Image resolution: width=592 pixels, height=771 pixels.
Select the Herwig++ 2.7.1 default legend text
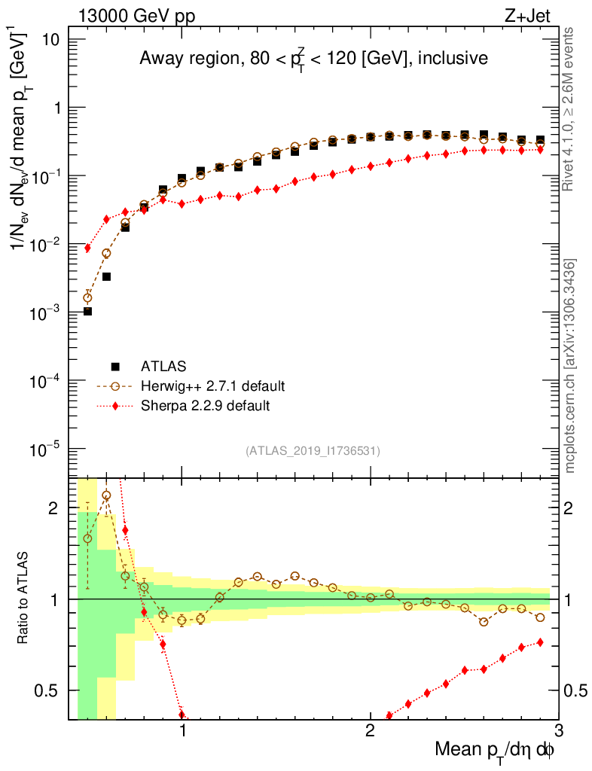(212, 386)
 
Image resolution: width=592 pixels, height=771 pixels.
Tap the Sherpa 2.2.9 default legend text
(205, 406)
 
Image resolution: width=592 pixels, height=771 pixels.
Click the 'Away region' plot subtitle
(313, 59)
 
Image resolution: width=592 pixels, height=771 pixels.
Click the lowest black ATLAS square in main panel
(87, 311)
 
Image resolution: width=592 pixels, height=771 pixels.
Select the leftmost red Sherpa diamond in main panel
(87, 248)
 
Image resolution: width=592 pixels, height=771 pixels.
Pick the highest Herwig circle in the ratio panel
(106, 495)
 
